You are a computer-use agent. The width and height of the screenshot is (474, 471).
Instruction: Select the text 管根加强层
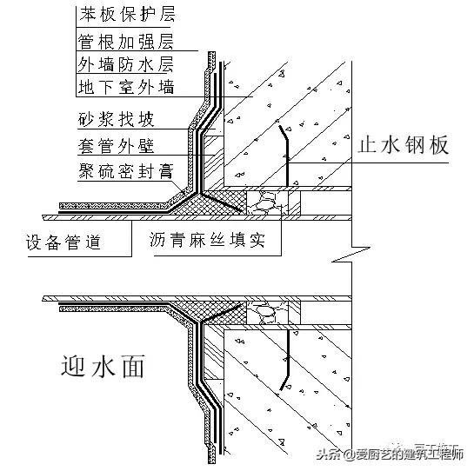pyautogui.click(x=125, y=41)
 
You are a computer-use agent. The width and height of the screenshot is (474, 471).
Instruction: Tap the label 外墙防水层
pyautogui.click(x=125, y=63)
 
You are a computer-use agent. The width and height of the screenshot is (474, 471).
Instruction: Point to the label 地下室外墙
pyautogui.click(x=125, y=86)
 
